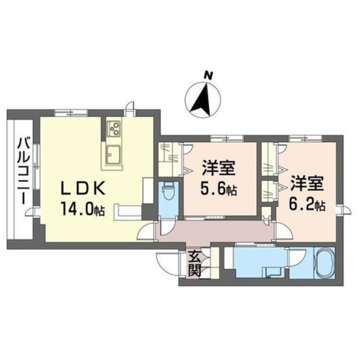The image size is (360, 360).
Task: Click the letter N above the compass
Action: [208, 74]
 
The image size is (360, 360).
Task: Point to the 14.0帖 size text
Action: [83, 210]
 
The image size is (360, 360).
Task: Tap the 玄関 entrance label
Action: [194, 263]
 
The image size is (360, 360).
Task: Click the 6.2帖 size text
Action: [306, 204]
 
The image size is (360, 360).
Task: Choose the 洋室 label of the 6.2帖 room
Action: [307, 183]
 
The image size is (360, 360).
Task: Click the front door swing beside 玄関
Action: [169, 260]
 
